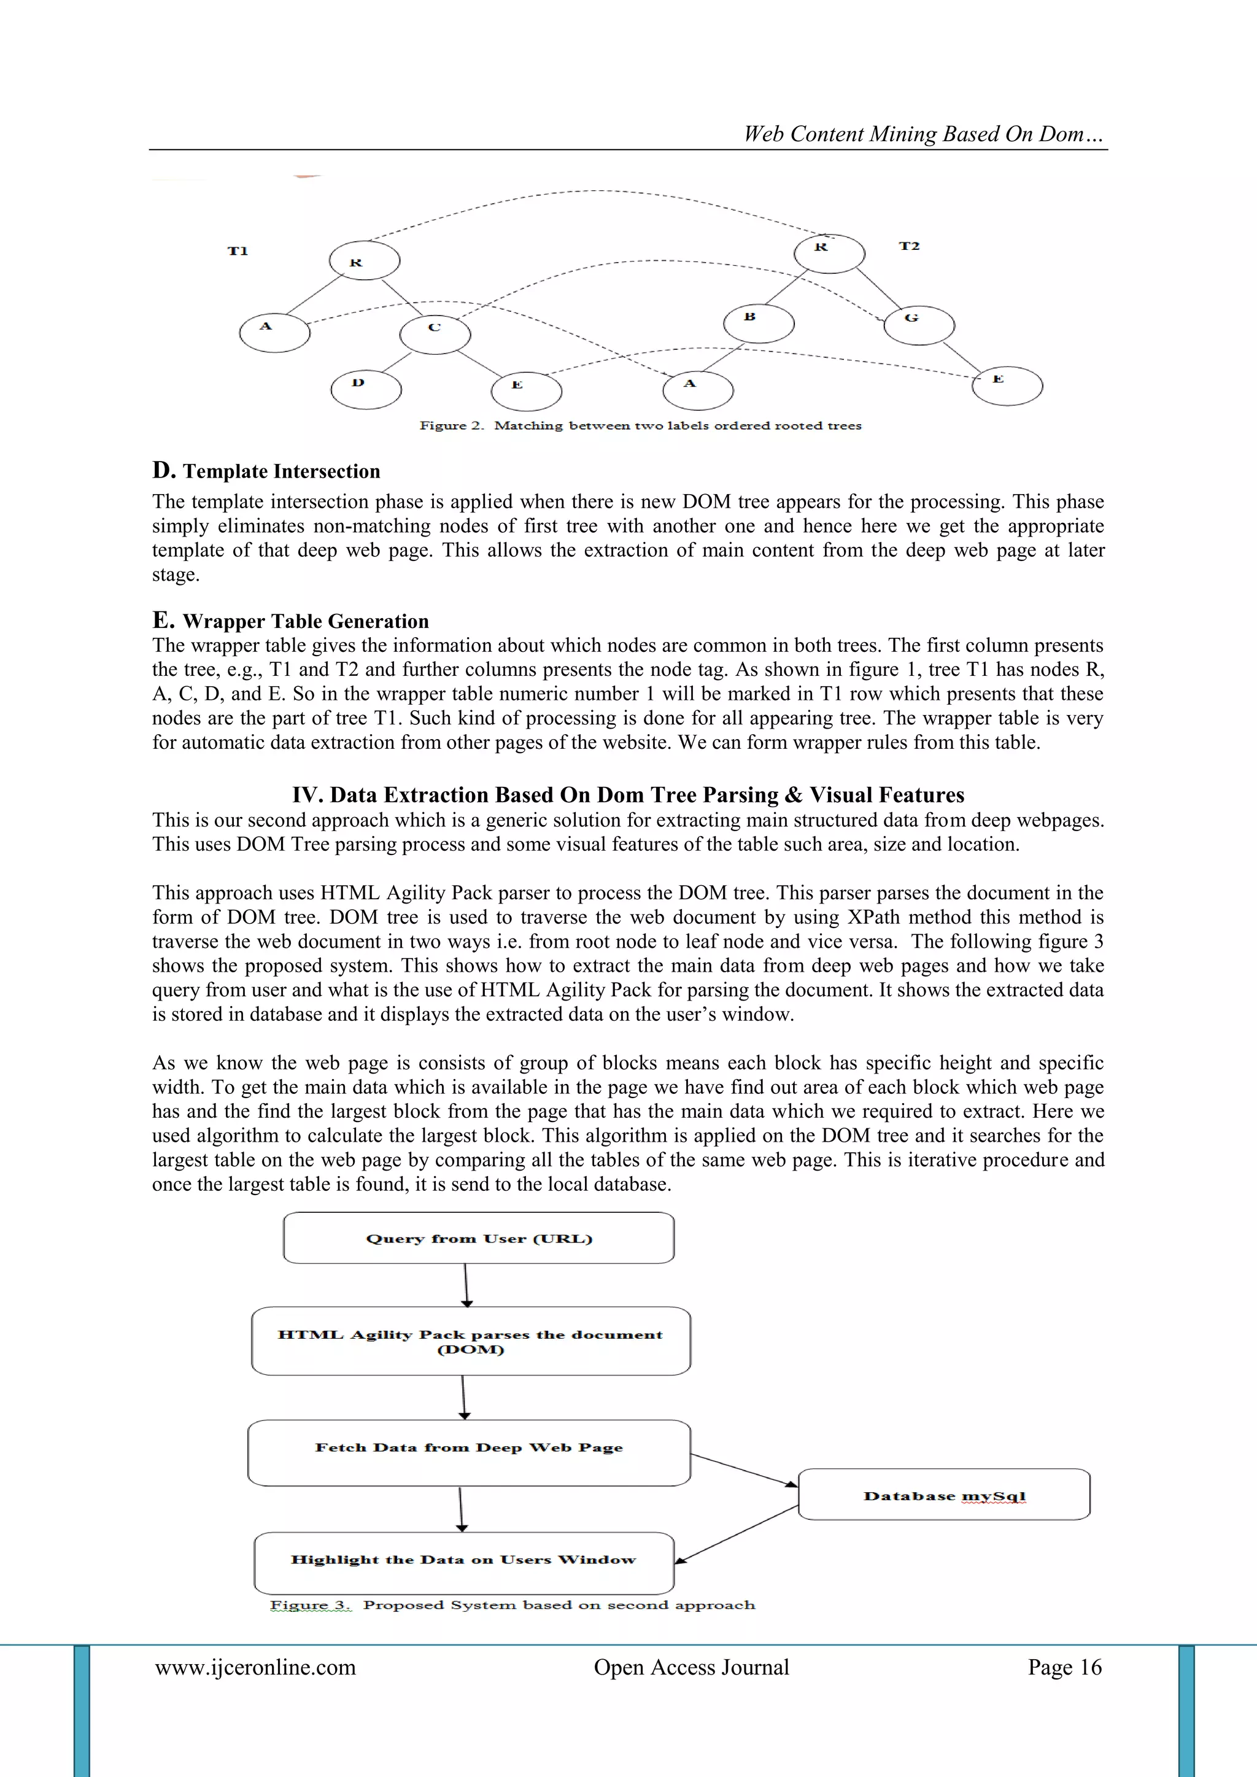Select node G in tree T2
(919, 324)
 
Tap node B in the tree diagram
(758, 323)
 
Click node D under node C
(365, 389)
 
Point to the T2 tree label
(909, 246)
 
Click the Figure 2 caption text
(640, 425)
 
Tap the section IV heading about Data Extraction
(628, 795)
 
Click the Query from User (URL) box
(478, 1238)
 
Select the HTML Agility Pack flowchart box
(471, 1341)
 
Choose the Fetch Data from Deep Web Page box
(469, 1453)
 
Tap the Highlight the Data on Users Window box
(463, 1560)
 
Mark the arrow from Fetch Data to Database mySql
(744, 1469)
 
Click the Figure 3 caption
(512, 1605)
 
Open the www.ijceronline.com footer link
(255, 1667)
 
